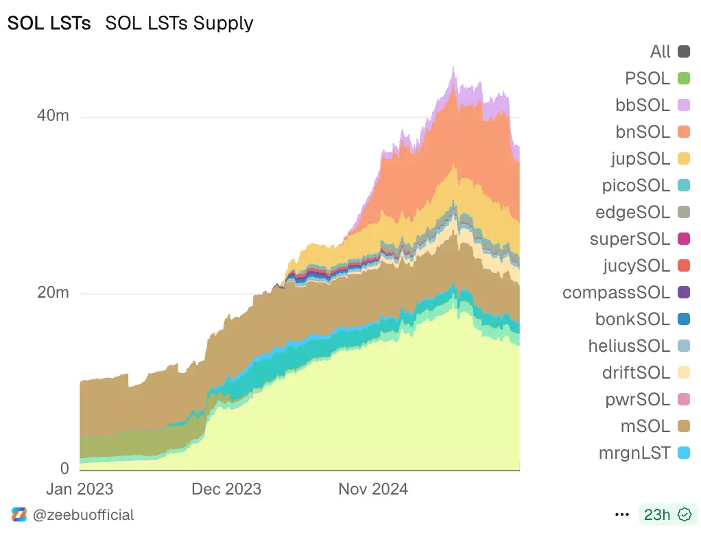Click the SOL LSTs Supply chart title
[179, 23]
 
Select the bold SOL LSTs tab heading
[49, 23]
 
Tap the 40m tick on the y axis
[53, 116]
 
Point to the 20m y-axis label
[53, 293]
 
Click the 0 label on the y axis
[65, 469]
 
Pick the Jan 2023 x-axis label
[80, 489]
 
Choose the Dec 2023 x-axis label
[226, 489]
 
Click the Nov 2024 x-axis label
[373, 489]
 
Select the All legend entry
[661, 51]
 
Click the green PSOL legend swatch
[683, 78]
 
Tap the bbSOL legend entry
[643, 105]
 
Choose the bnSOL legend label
[643, 132]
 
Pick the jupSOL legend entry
[640, 158]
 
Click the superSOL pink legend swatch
[683, 239]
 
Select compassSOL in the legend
[616, 292]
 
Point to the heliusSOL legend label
[629, 346]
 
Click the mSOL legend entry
[645, 426]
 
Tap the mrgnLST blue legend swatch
[683, 453]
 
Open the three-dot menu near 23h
[622, 514]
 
